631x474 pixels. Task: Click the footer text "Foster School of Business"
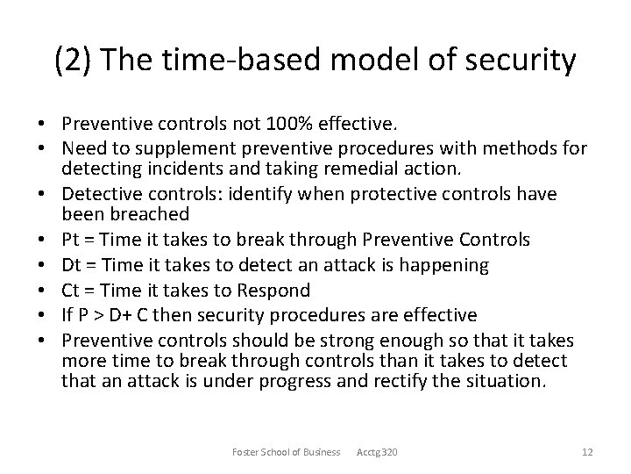click(287, 452)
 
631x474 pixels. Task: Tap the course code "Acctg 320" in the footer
click(378, 452)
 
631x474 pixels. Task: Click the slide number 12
click(587, 452)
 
